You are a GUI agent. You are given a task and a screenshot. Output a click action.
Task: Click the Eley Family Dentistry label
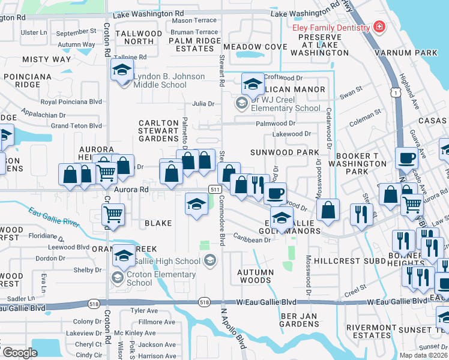tap(331, 28)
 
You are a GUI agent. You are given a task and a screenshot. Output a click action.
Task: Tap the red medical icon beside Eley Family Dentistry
tap(378, 28)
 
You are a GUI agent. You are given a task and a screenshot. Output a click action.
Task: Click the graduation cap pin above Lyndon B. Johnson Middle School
tap(122, 71)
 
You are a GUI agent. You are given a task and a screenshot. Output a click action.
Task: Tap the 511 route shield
tap(214, 189)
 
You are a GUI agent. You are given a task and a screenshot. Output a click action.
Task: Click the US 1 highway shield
tap(394, 92)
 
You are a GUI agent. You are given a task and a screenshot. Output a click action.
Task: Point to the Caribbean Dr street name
tap(252, 240)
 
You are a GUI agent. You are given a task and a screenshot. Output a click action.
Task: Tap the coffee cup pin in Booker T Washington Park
tap(406, 159)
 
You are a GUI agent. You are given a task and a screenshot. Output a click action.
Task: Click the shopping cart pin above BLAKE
tap(113, 215)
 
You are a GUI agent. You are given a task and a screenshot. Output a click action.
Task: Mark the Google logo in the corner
tap(20, 353)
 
